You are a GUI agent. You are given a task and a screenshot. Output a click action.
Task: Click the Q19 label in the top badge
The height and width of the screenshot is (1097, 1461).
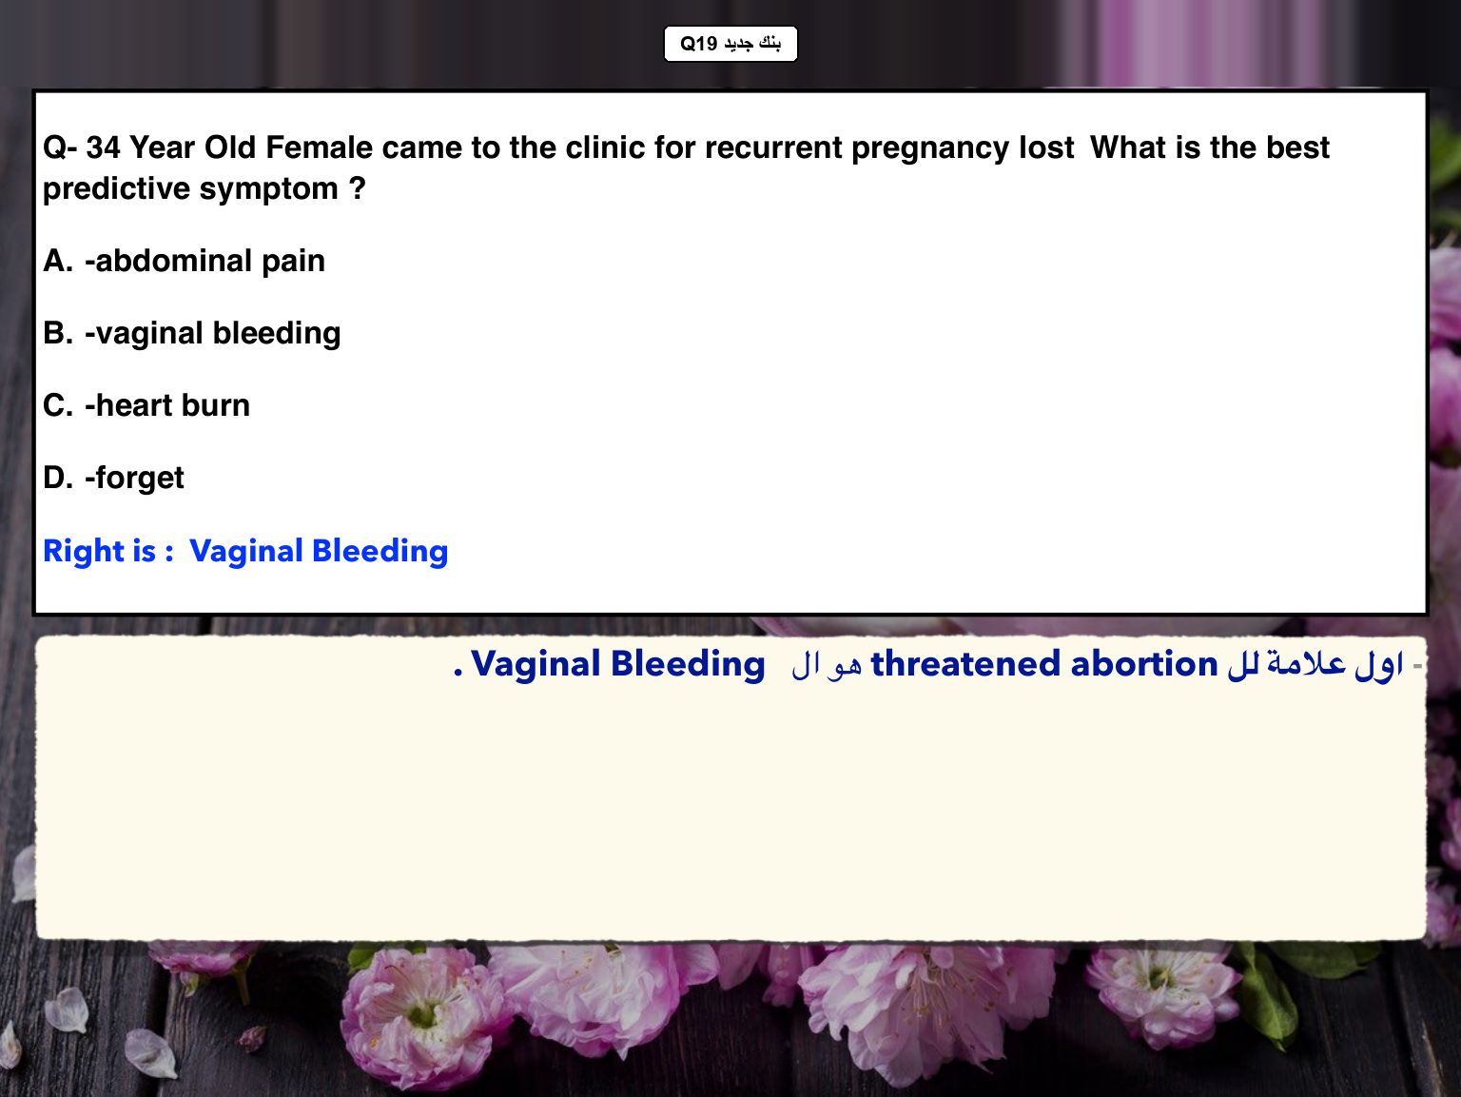[x=698, y=44]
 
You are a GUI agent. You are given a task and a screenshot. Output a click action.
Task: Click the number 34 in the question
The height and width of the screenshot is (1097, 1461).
[x=103, y=147]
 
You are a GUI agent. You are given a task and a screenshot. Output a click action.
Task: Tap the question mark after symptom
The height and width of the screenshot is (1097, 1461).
[x=358, y=188]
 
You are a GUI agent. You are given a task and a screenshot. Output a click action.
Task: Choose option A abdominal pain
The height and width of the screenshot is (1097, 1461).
[x=184, y=261]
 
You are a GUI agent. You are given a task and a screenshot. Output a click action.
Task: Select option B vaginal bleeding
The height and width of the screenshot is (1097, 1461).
[x=192, y=334]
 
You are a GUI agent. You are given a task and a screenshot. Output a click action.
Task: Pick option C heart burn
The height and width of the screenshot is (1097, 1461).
[x=146, y=405]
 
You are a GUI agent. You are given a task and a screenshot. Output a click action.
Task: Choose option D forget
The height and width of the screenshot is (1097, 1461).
[x=113, y=478]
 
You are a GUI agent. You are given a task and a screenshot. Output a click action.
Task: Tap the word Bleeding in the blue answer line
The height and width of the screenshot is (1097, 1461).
[x=380, y=552]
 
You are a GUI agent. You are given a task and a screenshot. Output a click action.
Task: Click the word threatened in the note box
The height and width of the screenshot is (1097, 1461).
[x=965, y=664]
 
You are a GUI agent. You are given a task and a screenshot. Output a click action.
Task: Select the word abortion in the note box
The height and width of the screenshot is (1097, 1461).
[x=1144, y=664]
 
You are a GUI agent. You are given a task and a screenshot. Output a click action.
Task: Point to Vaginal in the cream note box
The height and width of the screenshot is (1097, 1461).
[x=536, y=664]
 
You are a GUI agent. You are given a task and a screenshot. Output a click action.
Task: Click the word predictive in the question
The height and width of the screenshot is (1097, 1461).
[x=116, y=189]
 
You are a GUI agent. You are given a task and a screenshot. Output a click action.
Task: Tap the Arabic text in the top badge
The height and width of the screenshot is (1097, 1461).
[x=752, y=44]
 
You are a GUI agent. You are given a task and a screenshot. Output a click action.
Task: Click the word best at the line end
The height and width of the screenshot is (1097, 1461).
[x=1298, y=147]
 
